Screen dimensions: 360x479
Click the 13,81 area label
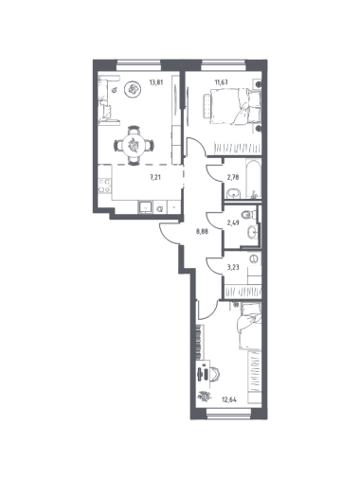click(156, 82)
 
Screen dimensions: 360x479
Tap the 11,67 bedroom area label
click(222, 82)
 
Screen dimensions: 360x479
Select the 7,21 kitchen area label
click(155, 177)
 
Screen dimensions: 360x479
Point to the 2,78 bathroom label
click(233, 177)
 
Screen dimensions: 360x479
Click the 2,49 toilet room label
click(233, 222)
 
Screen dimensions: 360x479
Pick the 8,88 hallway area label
click(202, 231)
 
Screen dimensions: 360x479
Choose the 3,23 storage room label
click(233, 267)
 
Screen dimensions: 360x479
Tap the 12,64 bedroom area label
click(229, 399)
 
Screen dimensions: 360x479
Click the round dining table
click(134, 146)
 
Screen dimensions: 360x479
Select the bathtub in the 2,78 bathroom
click(252, 180)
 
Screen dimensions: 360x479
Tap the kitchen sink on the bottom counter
click(145, 207)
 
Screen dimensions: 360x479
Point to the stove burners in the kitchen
click(104, 186)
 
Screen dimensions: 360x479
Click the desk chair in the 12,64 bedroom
click(216, 375)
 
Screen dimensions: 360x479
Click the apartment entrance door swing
click(170, 234)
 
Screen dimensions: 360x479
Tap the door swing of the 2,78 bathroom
click(215, 173)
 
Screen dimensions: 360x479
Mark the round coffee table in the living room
click(133, 90)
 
